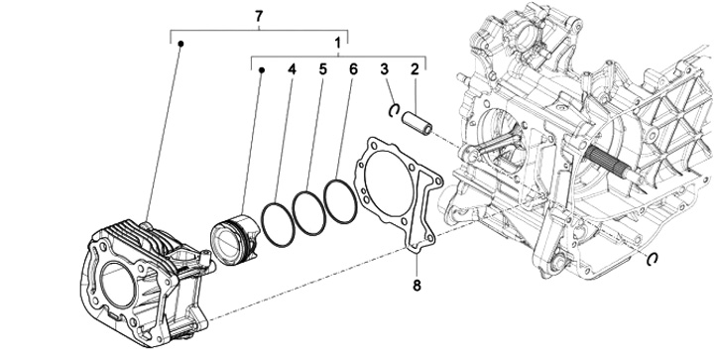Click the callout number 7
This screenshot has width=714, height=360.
[x=259, y=17]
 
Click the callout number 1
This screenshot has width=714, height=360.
[x=337, y=43]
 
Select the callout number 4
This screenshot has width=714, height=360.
[x=292, y=69]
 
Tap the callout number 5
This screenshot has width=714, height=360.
[x=322, y=69]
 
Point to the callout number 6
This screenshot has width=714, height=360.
[x=353, y=69]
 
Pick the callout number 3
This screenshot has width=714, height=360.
[x=385, y=69]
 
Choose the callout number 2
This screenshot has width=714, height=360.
[x=415, y=69]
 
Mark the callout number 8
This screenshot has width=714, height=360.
[x=417, y=286]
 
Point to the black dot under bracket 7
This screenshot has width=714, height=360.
[x=180, y=44]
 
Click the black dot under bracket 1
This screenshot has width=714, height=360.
[x=262, y=70]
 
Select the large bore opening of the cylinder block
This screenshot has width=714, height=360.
[x=117, y=285]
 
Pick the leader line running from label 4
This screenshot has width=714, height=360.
[x=284, y=139]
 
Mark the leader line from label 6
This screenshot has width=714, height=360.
[x=345, y=127]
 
